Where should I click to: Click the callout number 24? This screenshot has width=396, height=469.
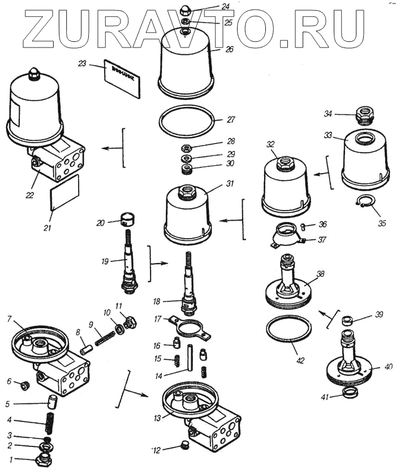click(x=210, y=6)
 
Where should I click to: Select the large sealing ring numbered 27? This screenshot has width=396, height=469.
click(x=187, y=121)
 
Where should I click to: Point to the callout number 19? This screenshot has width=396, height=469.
click(x=105, y=261)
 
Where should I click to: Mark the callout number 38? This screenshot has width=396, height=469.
click(x=321, y=274)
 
